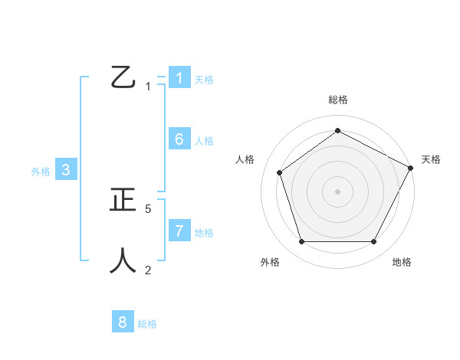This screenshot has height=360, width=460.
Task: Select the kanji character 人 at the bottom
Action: tap(123, 260)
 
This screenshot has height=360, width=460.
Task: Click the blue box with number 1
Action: tap(179, 78)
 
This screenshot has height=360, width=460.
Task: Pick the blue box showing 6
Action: tap(179, 139)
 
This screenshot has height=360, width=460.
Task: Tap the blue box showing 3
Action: tap(66, 170)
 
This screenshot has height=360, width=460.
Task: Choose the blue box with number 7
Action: tap(179, 231)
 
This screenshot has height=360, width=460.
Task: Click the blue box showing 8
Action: tap(123, 322)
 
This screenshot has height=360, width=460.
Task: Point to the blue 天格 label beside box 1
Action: tap(204, 79)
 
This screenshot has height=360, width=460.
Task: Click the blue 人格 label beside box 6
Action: tap(204, 140)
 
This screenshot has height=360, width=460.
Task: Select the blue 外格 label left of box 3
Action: tap(41, 172)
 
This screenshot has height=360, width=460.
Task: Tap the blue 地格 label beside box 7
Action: tap(204, 232)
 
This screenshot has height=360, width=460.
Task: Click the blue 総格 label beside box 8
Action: tap(147, 324)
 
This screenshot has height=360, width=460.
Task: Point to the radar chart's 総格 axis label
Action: tap(337, 100)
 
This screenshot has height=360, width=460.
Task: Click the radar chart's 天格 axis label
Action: tap(432, 159)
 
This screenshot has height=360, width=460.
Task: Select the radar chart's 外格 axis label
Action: tap(270, 262)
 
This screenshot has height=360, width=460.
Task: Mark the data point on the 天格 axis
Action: tap(411, 168)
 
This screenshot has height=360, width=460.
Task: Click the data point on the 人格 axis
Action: tap(280, 172)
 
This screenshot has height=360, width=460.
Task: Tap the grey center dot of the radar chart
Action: tap(337, 191)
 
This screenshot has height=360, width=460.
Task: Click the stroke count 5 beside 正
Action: tap(148, 208)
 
